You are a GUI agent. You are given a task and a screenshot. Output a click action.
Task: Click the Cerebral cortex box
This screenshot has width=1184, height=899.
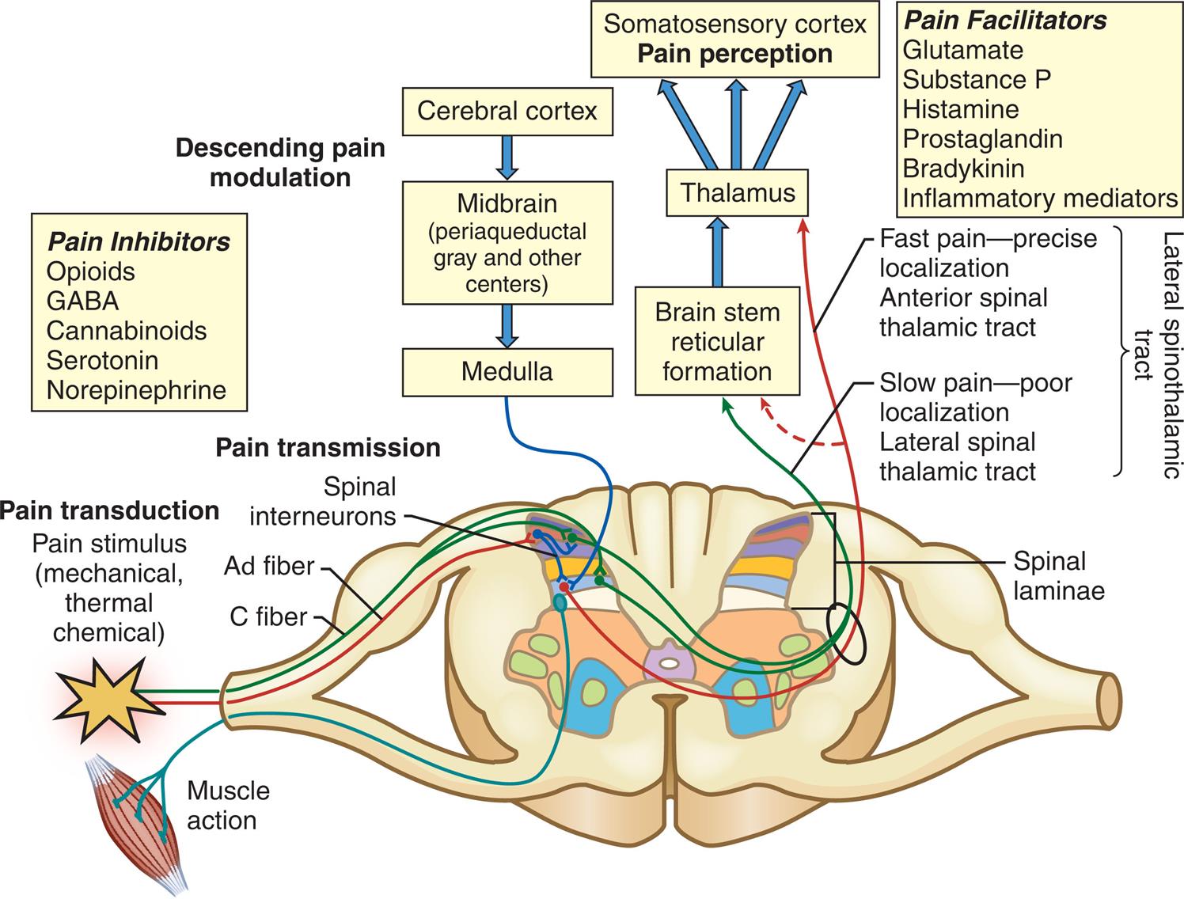click(x=507, y=111)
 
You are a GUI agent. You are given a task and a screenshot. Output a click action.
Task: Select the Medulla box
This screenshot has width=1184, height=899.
click(x=507, y=371)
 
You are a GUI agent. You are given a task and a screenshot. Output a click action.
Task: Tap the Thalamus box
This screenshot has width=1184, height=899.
click(x=738, y=192)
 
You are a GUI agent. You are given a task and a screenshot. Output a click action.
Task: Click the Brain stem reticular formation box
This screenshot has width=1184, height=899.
click(x=717, y=342)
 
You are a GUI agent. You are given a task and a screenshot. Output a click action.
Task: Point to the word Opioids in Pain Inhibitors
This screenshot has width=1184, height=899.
click(x=90, y=271)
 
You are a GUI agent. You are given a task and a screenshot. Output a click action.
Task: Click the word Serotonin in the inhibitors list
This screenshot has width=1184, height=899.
click(x=102, y=360)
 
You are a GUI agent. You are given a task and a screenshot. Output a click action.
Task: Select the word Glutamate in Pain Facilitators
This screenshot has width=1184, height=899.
click(x=962, y=50)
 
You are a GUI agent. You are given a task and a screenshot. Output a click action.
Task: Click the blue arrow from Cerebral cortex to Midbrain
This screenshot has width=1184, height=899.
click(x=507, y=157)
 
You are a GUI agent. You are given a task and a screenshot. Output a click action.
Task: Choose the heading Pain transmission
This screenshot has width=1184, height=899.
click(x=328, y=448)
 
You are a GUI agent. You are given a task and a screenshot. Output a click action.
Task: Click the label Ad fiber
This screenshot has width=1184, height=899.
click(x=269, y=566)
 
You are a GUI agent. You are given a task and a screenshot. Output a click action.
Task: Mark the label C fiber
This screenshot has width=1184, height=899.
click(x=268, y=616)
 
